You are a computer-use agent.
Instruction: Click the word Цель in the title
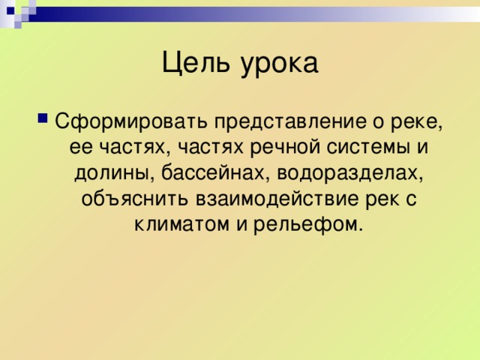pos(196,63)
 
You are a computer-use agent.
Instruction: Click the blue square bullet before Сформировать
pos(43,118)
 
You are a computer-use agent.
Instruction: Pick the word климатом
pos(181,225)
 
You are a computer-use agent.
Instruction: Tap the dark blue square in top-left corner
pos(10,10)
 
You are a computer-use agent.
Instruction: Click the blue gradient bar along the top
pos(254,14)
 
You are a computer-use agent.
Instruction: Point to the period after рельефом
pos(360,229)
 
